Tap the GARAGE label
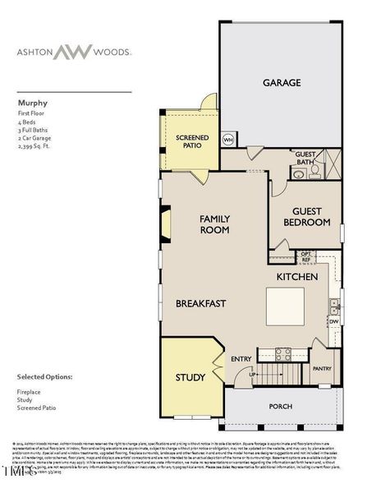(x=281, y=82)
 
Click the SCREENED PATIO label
(x=191, y=142)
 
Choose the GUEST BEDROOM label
(x=307, y=216)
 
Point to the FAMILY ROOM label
(x=215, y=223)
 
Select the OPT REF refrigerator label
(x=305, y=256)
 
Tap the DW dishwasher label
(x=333, y=322)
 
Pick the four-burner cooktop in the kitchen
(x=284, y=354)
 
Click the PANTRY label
(x=322, y=369)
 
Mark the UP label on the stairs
(x=252, y=374)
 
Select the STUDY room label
(x=190, y=378)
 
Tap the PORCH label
(x=281, y=406)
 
